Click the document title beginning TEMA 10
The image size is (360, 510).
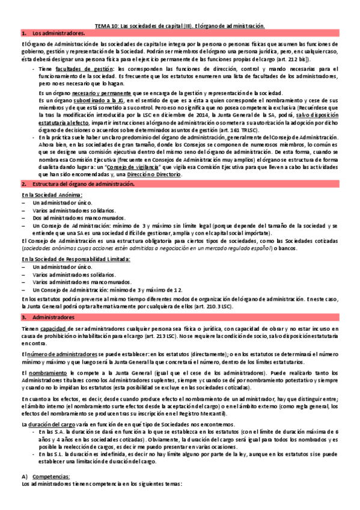[x=180, y=26]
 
